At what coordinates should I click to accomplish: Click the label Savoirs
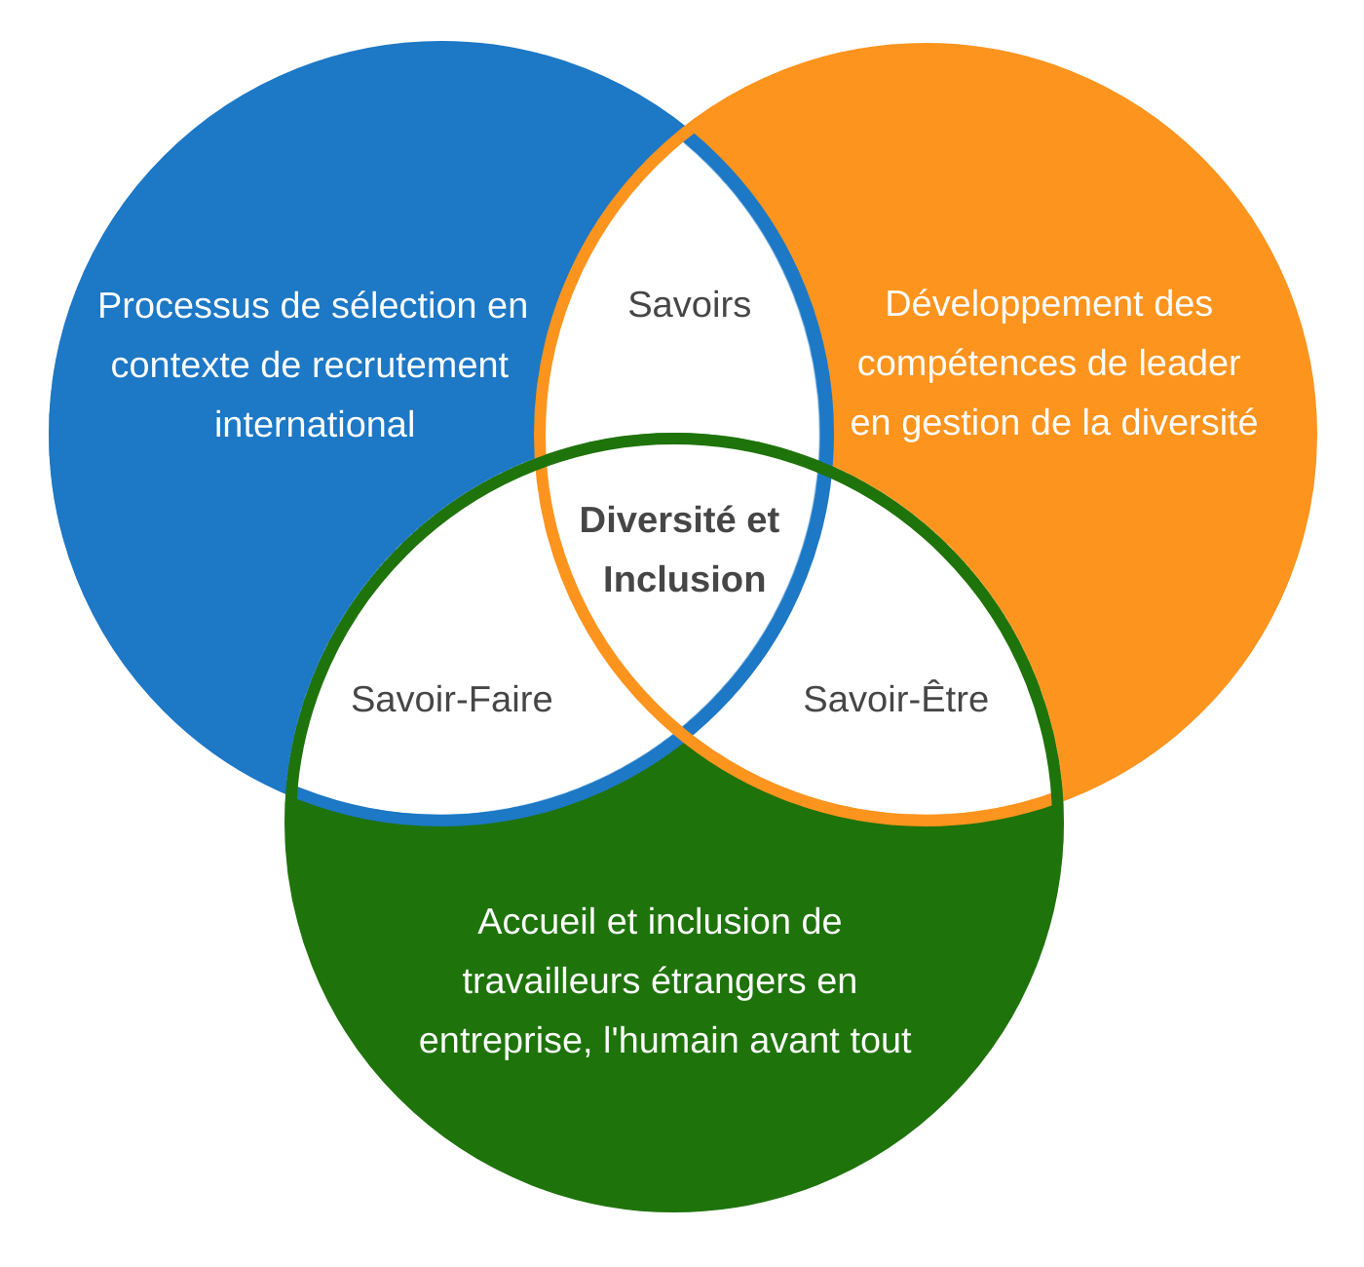coord(689,305)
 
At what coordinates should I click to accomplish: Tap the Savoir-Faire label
coord(451,700)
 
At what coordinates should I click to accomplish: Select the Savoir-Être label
coord(895,700)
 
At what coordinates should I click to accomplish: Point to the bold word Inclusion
coord(684,580)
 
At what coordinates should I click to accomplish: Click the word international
coord(315,425)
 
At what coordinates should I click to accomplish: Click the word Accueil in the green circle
coord(537,922)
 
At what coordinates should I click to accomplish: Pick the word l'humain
coord(671,1041)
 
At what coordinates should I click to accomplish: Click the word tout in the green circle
coord(882,1041)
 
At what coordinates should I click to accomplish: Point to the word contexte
coord(179,365)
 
